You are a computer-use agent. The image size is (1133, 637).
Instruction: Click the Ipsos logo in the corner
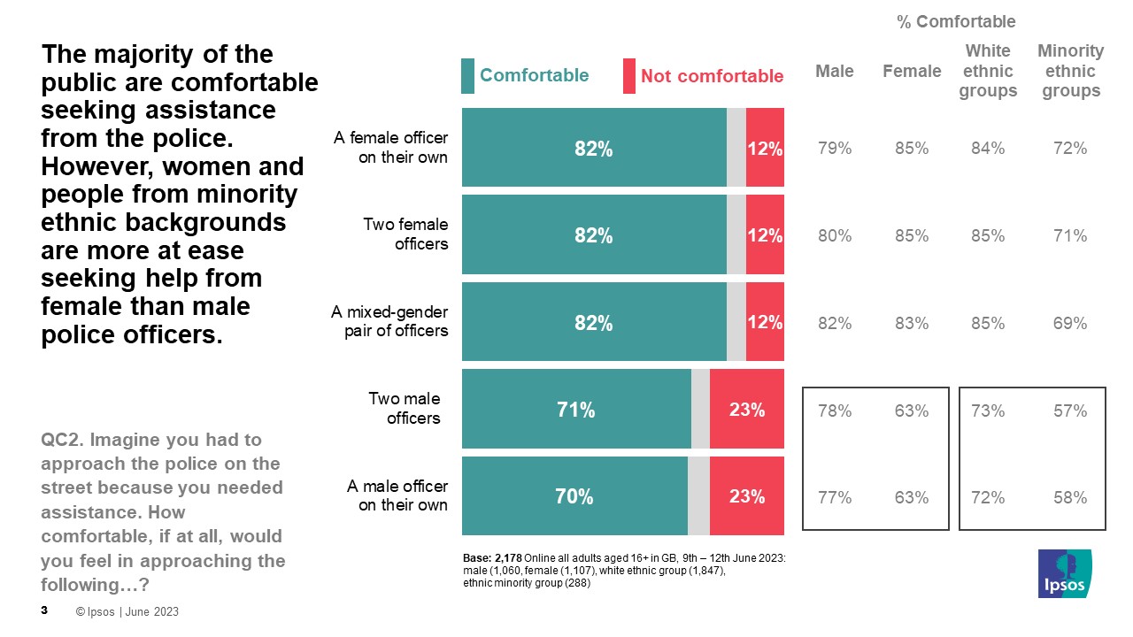(1065, 573)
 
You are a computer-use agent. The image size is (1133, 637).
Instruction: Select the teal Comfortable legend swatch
(468, 76)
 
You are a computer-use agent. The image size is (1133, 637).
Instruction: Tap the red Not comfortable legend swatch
(629, 76)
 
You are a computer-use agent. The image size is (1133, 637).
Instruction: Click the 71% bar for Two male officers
(575, 410)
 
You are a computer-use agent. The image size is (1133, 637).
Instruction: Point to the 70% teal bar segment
(574, 496)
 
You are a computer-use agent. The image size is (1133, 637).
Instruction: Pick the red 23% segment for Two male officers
(747, 410)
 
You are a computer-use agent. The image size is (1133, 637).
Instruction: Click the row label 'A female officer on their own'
(390, 148)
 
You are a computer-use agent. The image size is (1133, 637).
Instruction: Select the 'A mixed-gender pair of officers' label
(389, 322)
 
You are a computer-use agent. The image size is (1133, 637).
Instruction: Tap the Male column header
(834, 72)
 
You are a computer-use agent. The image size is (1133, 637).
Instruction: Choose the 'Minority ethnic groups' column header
(1070, 71)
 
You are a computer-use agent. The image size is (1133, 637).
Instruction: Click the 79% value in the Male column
(834, 149)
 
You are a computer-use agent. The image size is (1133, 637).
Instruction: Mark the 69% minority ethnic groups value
(1070, 324)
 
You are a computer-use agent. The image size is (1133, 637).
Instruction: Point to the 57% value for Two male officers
(1070, 411)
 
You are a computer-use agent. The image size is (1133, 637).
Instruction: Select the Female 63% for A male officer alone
(912, 497)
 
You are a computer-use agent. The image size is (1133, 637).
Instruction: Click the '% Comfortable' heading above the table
(956, 22)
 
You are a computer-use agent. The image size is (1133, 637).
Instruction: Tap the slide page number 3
(44, 610)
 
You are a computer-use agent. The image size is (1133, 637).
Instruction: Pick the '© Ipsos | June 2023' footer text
(127, 611)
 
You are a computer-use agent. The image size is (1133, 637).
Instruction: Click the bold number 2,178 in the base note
(506, 557)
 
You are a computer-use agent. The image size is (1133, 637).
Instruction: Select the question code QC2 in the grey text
(61, 440)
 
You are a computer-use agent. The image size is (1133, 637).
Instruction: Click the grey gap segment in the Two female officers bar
(736, 235)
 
